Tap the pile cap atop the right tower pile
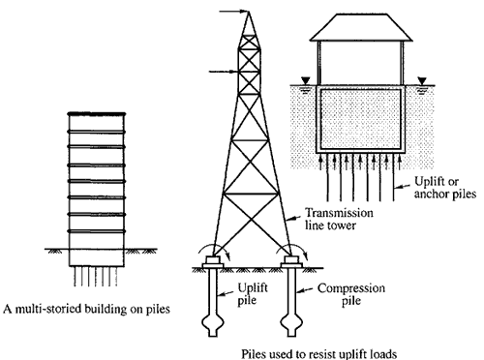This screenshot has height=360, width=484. point(290,259)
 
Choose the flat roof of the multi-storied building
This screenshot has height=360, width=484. point(97,115)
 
